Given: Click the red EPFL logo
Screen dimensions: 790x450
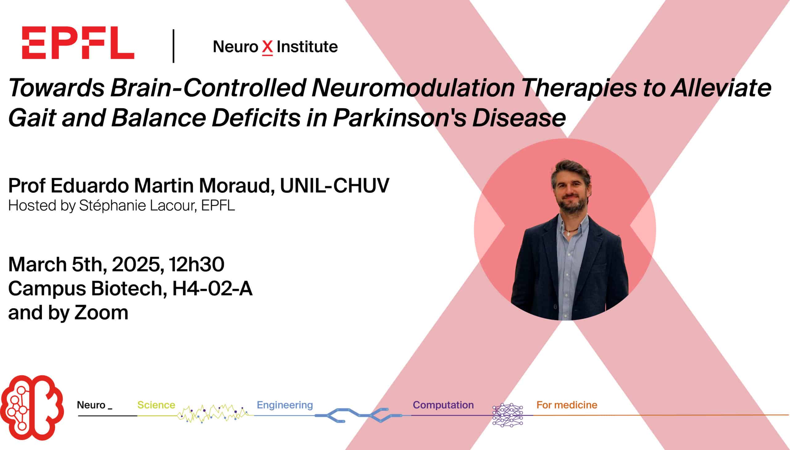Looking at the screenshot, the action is [78, 43].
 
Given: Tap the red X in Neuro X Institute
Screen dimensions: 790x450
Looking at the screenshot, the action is [268, 48].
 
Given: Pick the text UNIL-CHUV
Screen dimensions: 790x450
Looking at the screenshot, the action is [335, 185].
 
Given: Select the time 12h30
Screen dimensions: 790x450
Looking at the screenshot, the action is [197, 265].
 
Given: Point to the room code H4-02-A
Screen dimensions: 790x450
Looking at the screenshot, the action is [212, 289].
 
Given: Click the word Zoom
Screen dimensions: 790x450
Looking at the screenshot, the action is [101, 313].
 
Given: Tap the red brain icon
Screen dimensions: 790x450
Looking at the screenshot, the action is [32, 407].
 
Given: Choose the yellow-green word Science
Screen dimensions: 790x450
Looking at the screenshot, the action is [156, 405].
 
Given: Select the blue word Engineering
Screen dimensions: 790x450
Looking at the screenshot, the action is [285, 405].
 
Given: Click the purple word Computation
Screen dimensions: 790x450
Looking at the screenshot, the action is [443, 405].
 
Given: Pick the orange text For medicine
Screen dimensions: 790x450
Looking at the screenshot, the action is [567, 405].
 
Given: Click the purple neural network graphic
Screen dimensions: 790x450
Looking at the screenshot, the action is [508, 415].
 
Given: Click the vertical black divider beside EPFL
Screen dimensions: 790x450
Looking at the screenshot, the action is [174, 46].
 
